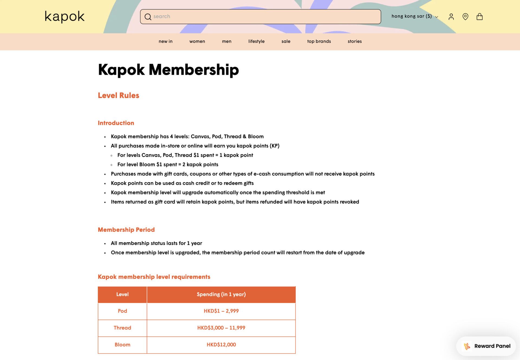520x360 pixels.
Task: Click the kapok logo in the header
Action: [64, 17]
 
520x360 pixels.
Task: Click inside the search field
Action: [260, 17]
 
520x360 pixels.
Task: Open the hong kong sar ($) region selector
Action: [414, 16]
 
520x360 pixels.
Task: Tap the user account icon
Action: [451, 17]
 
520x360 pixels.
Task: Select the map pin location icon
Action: [465, 17]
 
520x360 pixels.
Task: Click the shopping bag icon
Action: [479, 17]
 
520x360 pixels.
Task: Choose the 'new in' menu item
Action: [165, 41]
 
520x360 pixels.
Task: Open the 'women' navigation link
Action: [197, 41]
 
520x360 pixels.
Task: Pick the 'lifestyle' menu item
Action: [256, 41]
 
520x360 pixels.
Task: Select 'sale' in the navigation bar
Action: [286, 41]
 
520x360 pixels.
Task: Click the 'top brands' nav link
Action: [319, 41]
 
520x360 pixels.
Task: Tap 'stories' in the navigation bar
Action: [355, 41]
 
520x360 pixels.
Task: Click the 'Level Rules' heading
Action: [118, 95]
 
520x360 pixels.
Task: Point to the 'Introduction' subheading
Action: [116, 123]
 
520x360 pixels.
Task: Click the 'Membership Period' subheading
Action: [126, 230]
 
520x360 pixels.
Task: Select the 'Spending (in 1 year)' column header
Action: [221, 294]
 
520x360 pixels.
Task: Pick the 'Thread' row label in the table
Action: [122, 328]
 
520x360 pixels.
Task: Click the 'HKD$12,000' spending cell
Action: [221, 345]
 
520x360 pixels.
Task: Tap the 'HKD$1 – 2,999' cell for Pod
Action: [221, 311]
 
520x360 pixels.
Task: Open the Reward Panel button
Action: [486, 346]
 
